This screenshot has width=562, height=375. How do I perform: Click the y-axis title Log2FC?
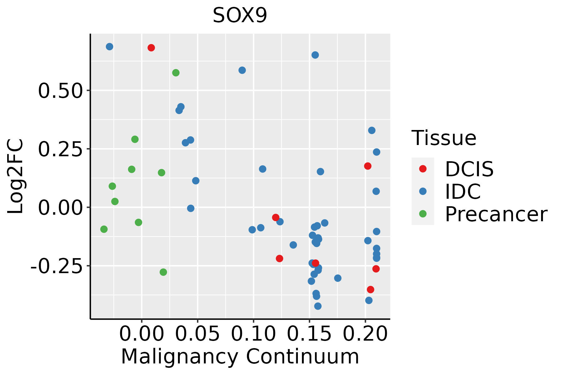[16, 176]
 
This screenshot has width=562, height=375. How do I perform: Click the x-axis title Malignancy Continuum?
[240, 357]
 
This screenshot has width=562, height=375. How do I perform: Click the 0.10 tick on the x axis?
[253, 334]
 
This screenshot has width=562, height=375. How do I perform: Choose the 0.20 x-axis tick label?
[365, 334]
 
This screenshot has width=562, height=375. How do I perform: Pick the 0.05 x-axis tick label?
[197, 334]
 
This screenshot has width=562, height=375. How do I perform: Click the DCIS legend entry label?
[469, 169]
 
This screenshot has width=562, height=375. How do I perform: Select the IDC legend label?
[463, 192]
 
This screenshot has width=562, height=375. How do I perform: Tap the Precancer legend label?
[496, 214]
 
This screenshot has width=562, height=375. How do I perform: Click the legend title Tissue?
[444, 138]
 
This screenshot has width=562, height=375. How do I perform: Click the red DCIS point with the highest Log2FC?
[151, 48]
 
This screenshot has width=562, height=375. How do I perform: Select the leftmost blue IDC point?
[110, 47]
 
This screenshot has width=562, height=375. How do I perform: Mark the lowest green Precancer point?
[163, 272]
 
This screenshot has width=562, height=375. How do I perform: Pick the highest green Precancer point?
[176, 73]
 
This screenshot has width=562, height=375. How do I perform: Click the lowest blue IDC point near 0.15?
[318, 306]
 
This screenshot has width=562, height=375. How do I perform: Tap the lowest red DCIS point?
[371, 290]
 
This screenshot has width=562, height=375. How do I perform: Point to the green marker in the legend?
[423, 214]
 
